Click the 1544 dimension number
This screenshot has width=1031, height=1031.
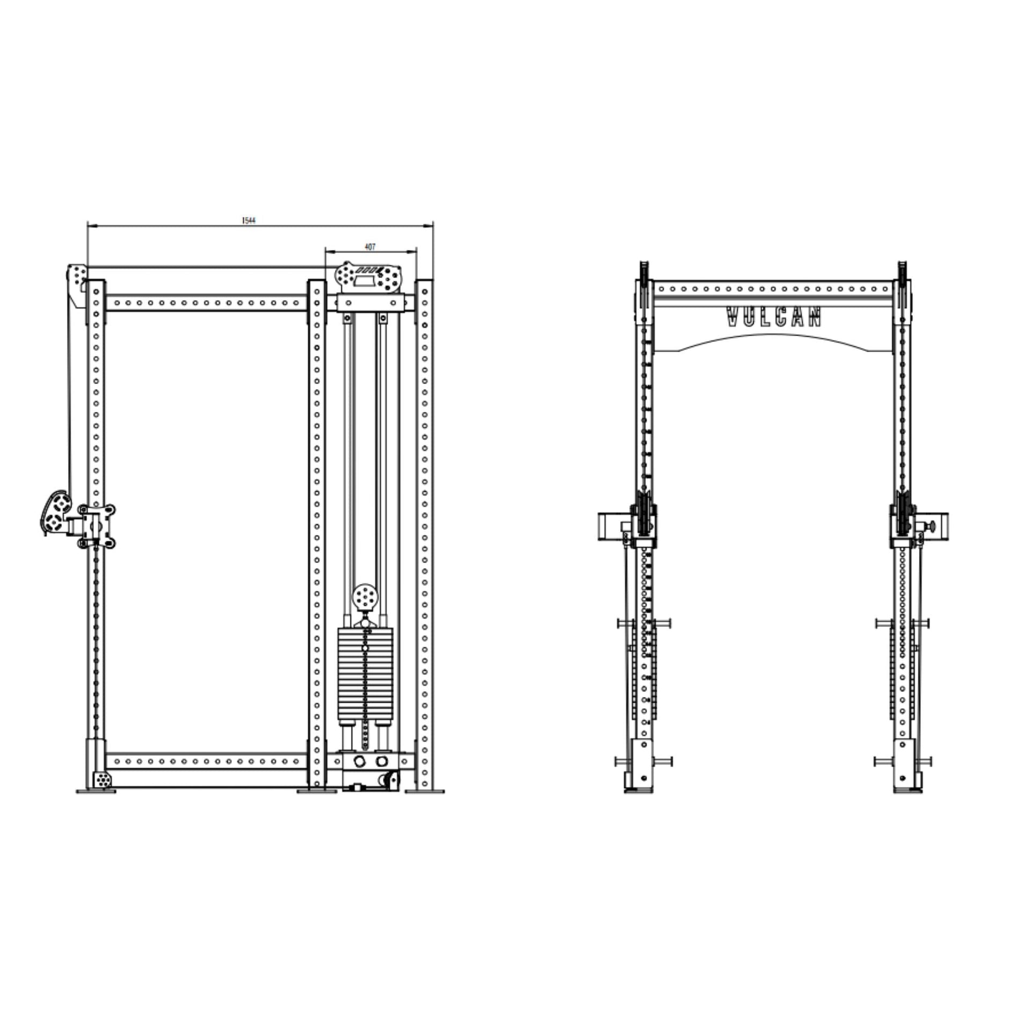coord(249,221)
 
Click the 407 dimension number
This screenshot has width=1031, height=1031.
coord(370,247)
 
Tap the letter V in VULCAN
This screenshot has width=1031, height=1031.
coord(732,317)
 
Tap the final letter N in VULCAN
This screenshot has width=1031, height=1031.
coord(815,317)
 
